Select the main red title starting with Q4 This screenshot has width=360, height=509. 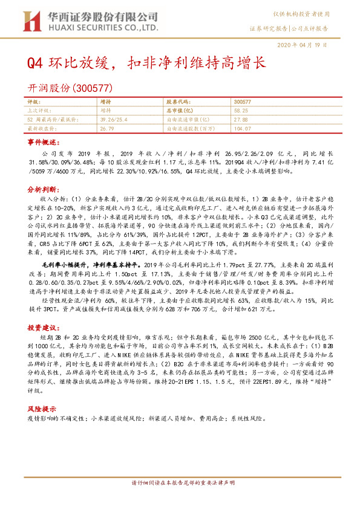point(145,63)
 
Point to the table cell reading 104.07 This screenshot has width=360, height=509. point(242,129)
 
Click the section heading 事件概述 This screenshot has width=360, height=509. point(44,141)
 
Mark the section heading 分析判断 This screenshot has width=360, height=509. point(44,189)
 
